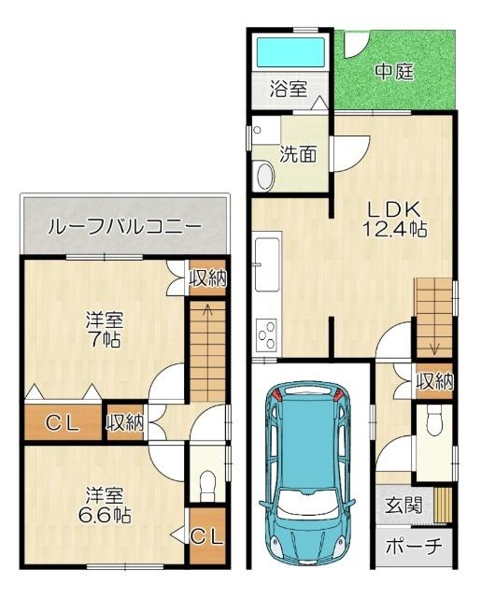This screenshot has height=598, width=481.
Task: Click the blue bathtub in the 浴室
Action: pyautogui.click(x=291, y=52)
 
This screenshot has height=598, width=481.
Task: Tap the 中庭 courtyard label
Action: pyautogui.click(x=394, y=71)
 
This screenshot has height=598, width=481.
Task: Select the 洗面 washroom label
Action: pyautogui.click(x=299, y=154)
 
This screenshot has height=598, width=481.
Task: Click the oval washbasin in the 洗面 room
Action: pyautogui.click(x=265, y=176)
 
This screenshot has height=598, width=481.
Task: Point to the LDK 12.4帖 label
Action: pyautogui.click(x=394, y=219)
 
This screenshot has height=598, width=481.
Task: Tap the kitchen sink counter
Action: pyautogui.click(x=268, y=263)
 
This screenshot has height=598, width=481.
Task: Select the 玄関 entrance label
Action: pyautogui.click(x=403, y=505)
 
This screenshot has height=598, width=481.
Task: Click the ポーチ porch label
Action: pyautogui.click(x=414, y=547)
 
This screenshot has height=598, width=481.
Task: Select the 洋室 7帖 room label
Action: pyautogui.click(x=104, y=330)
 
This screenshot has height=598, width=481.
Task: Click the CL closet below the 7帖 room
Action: pyautogui.click(x=63, y=422)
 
